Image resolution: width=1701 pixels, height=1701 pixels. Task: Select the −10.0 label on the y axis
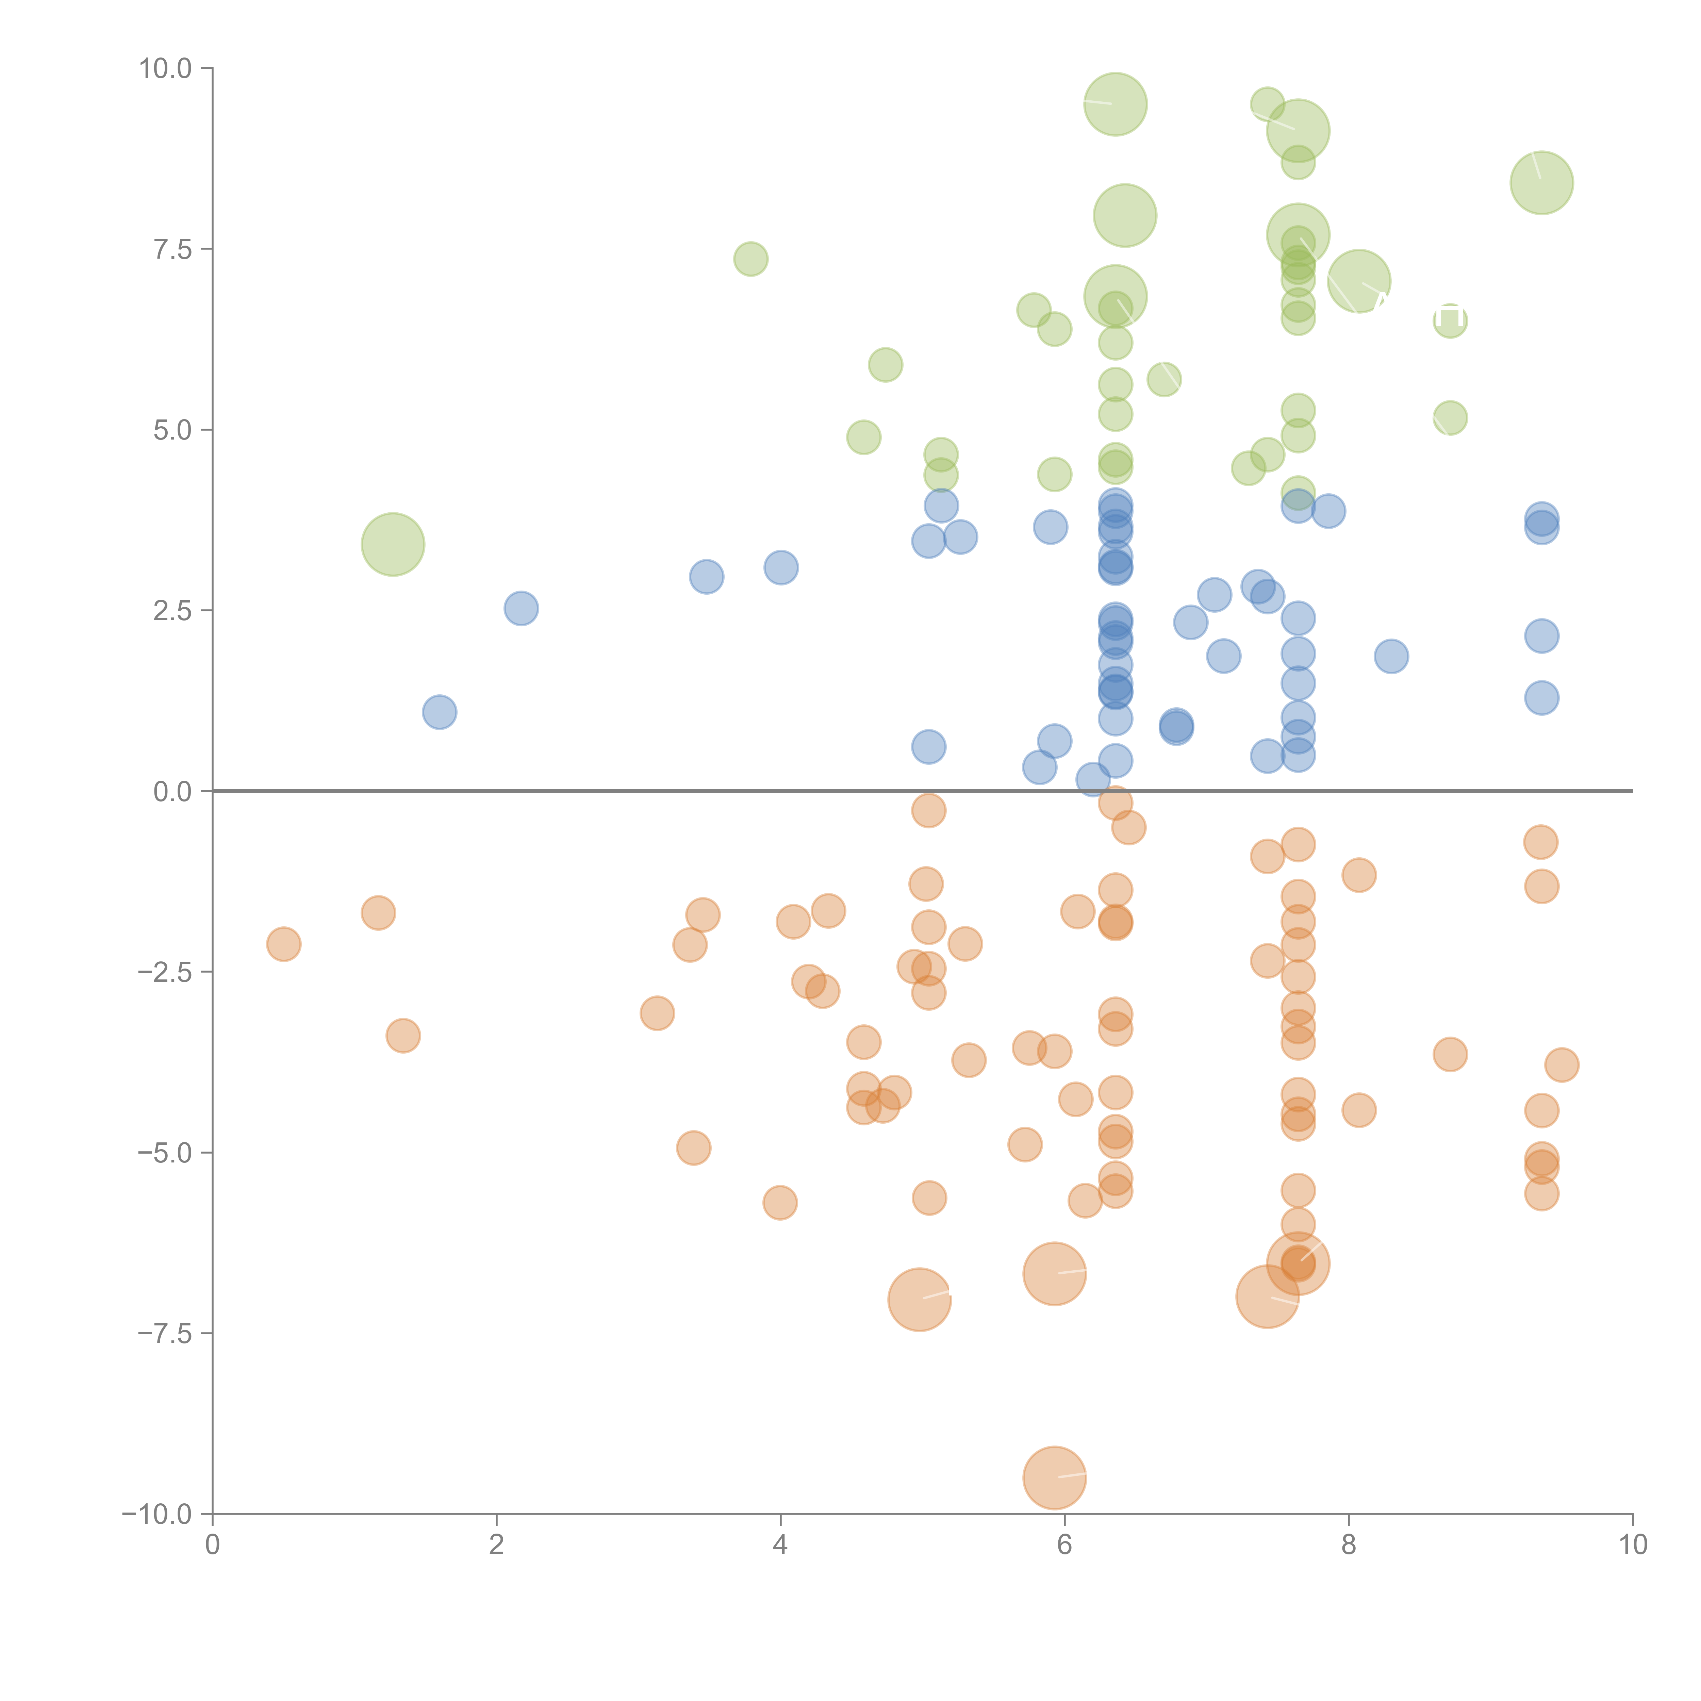[157, 1514]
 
